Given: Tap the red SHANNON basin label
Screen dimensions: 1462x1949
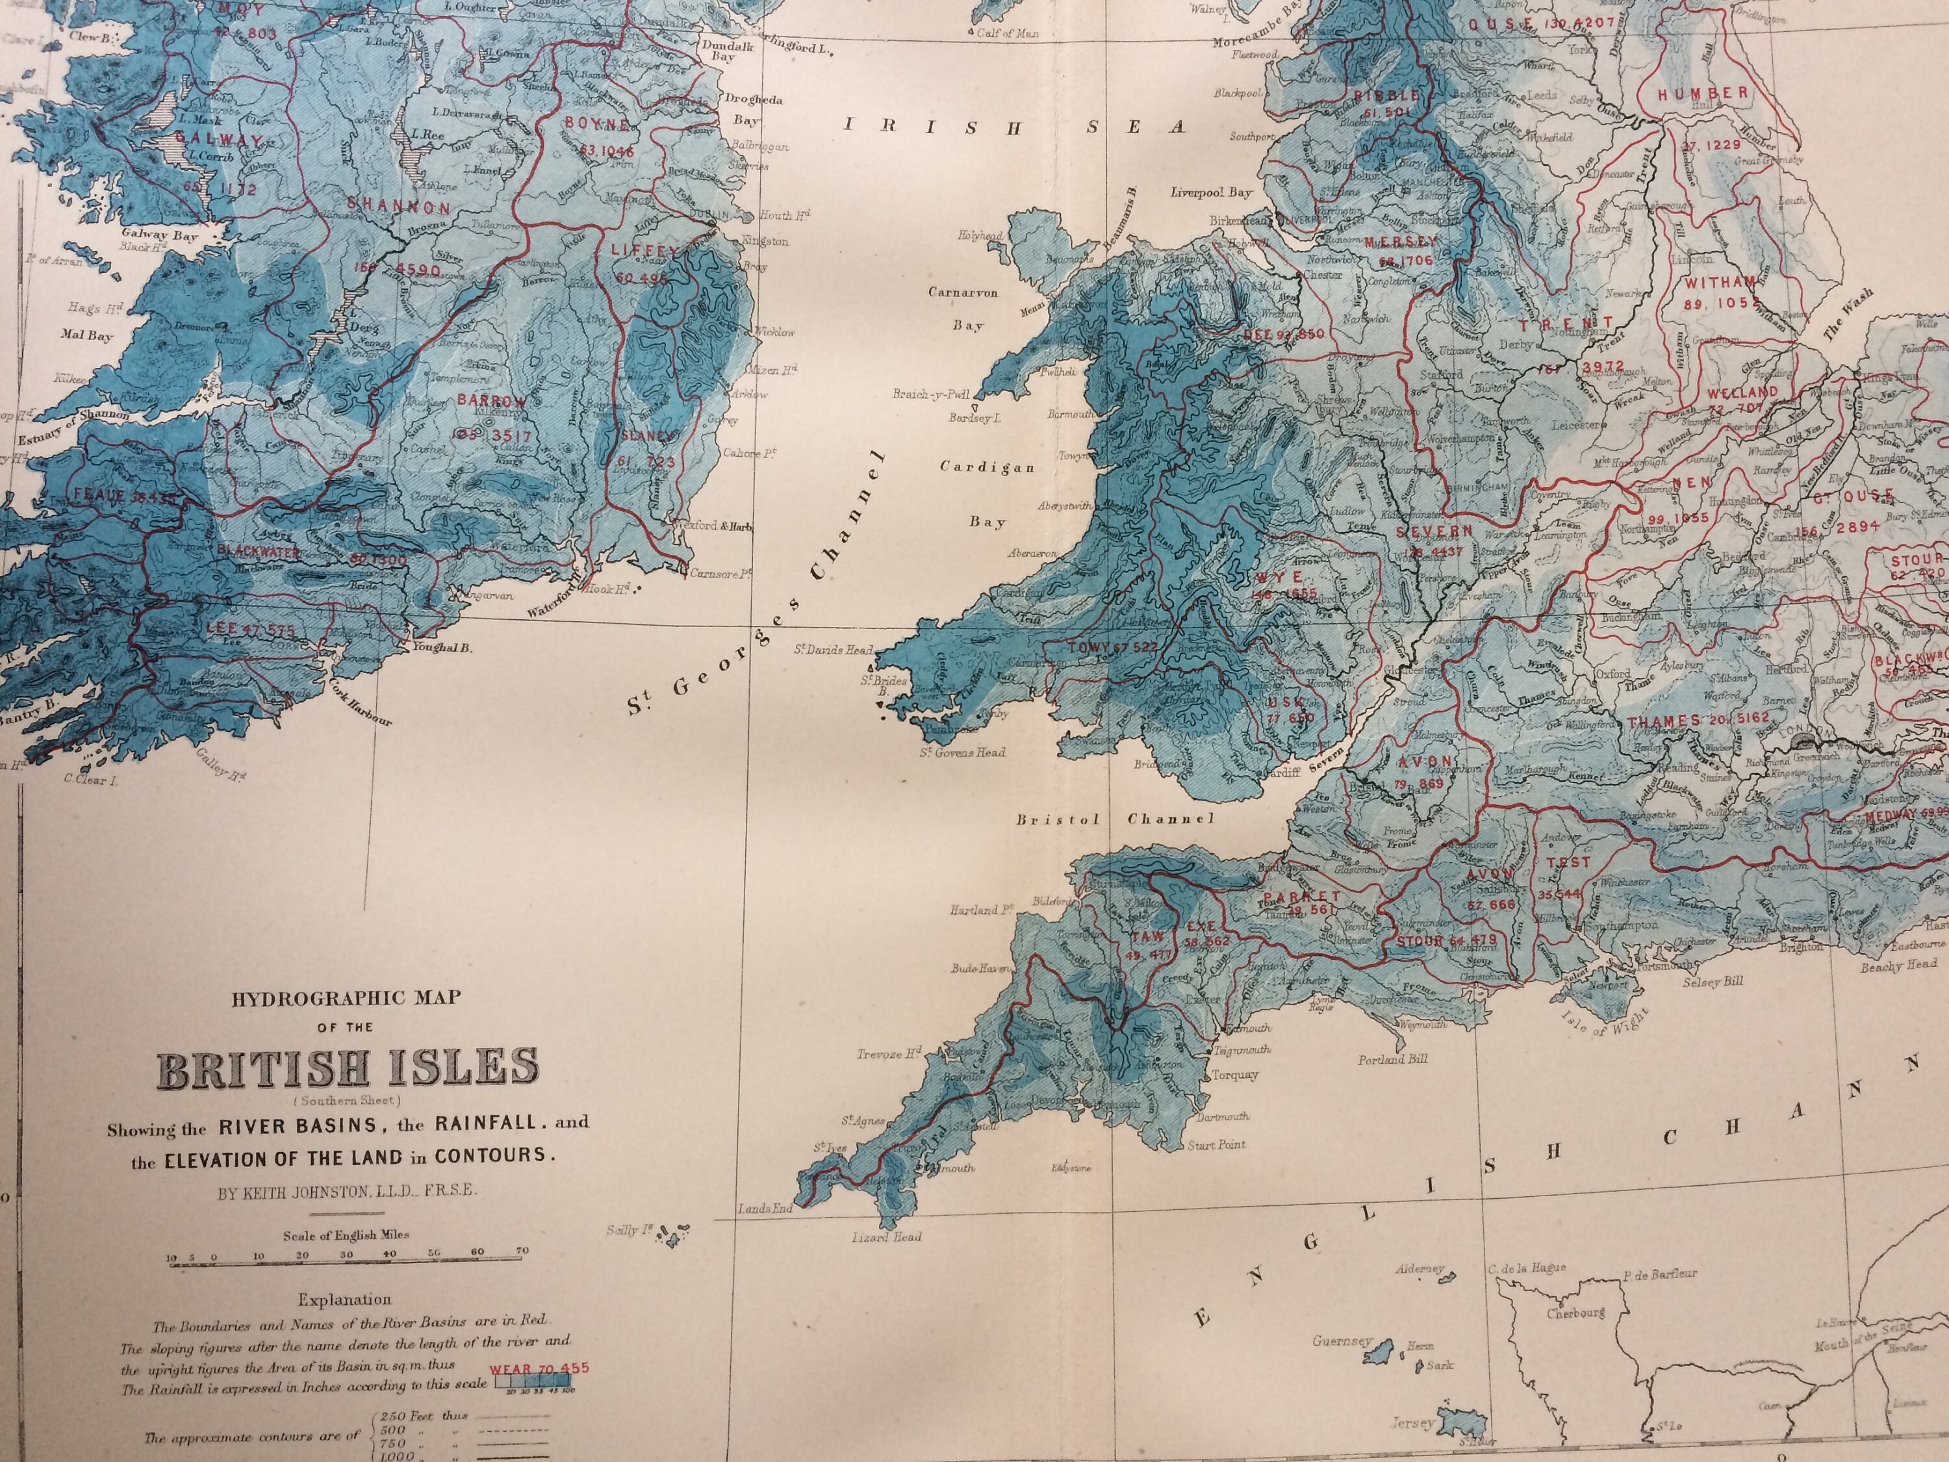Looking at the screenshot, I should tap(398, 208).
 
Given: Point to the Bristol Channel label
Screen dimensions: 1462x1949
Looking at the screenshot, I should tap(1115, 819).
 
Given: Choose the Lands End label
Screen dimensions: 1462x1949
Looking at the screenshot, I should tap(766, 1209).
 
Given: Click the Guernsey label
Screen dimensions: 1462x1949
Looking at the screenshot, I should tap(1342, 1341).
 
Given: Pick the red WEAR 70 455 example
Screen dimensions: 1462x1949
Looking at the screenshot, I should tap(539, 1368).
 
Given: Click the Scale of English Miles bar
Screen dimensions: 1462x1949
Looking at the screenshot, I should tap(346, 1263).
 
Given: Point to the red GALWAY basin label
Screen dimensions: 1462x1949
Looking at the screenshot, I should tap(217, 139).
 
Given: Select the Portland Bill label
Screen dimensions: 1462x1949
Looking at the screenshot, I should tap(1392, 1059).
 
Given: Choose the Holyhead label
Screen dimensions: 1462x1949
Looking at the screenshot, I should tap(980, 236).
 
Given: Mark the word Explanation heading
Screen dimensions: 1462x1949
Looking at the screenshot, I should tap(344, 1299).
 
